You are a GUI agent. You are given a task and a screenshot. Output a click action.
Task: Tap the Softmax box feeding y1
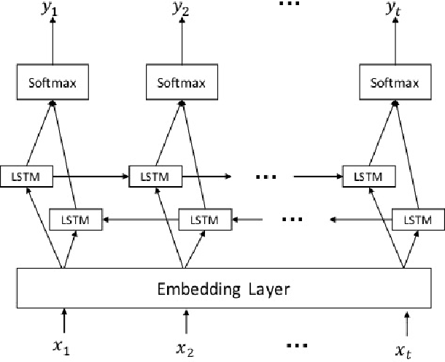coord(52,82)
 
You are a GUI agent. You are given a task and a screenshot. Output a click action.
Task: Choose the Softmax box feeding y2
coord(179,82)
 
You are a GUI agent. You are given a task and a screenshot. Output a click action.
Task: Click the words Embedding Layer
coord(224,289)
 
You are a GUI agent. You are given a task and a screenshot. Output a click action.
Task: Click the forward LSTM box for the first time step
coord(25,176)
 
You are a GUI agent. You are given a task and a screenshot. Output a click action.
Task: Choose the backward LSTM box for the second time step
coord(204,218)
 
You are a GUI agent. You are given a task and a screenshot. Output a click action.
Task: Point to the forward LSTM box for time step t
coord(369,176)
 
